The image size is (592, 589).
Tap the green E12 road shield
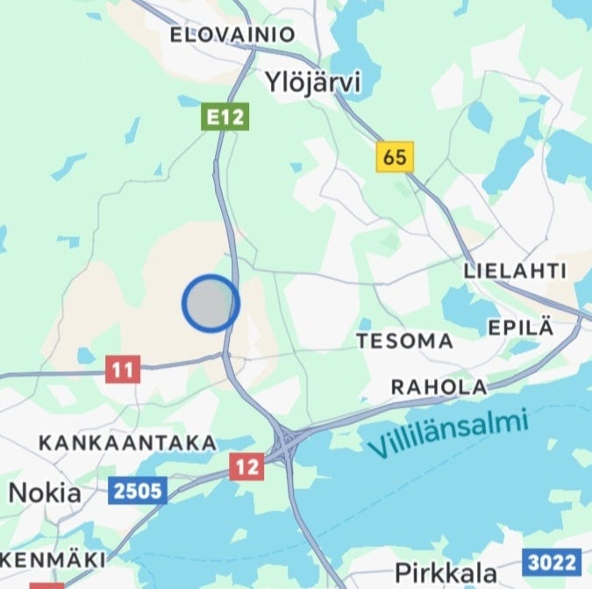pyautogui.click(x=225, y=116)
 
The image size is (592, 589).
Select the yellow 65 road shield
pyautogui.click(x=395, y=157)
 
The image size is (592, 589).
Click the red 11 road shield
pyautogui.click(x=123, y=370)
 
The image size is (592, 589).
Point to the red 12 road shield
pyautogui.click(x=247, y=466)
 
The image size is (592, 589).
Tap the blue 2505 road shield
pyautogui.click(x=138, y=491)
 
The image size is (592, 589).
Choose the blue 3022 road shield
pyautogui.click(x=553, y=561)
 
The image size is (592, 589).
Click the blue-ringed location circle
pyautogui.click(x=210, y=303)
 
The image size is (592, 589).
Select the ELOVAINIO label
pyautogui.click(x=232, y=35)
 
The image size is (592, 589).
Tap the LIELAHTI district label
pyautogui.click(x=515, y=271)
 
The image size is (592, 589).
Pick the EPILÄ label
pyautogui.click(x=521, y=328)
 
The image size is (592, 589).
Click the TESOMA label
pyautogui.click(x=404, y=341)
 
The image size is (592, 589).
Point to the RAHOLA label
pyautogui.click(x=439, y=386)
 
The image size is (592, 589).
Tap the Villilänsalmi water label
pyautogui.click(x=448, y=435)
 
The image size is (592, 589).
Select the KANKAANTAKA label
pyautogui.click(x=127, y=443)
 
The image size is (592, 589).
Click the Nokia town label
pyautogui.click(x=45, y=492)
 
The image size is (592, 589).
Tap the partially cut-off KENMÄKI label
pyautogui.click(x=53, y=559)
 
